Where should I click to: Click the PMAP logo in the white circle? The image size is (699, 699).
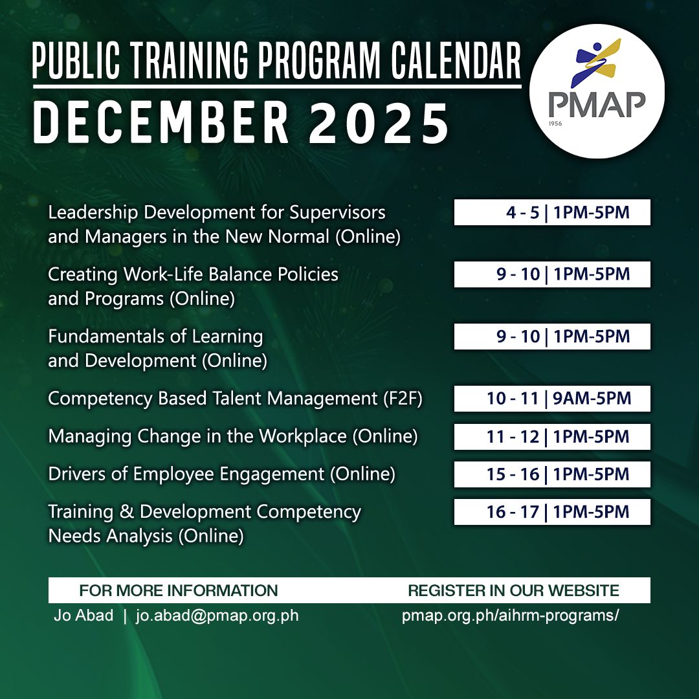(597, 90)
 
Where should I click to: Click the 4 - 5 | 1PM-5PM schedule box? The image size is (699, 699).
(552, 212)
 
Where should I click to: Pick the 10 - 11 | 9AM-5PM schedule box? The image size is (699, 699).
(552, 399)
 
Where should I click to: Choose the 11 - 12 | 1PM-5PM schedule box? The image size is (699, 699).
(552, 437)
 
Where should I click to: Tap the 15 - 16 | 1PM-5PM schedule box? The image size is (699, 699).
(552, 474)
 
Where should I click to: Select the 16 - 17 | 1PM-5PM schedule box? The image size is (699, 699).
(552, 512)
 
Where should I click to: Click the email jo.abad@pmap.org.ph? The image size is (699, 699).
(217, 616)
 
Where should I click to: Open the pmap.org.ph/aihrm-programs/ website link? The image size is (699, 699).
(510, 616)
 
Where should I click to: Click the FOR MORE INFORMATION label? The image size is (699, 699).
(179, 590)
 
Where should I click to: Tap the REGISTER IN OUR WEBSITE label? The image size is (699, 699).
(513, 590)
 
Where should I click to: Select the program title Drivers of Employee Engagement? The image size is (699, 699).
(186, 474)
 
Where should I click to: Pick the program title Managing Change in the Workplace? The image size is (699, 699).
(197, 437)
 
